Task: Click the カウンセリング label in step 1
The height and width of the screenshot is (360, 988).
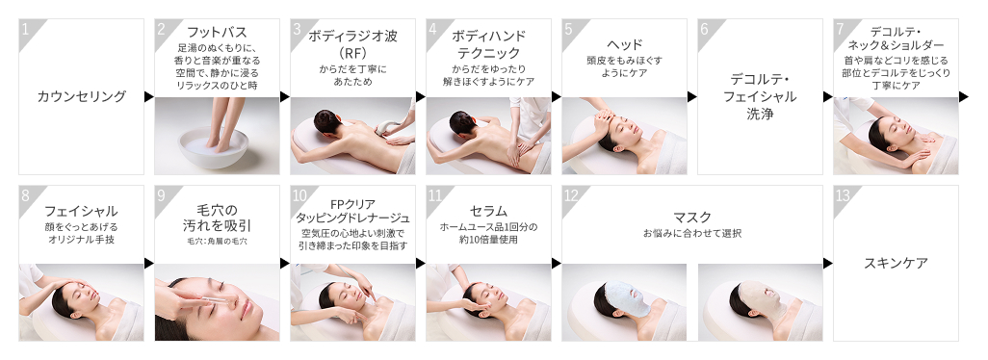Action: click(82, 96)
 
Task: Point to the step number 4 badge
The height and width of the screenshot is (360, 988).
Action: click(433, 29)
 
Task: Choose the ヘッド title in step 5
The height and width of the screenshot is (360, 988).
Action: click(624, 44)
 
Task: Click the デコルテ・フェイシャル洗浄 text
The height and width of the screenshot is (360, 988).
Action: click(760, 95)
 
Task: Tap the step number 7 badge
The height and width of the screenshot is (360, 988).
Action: click(842, 29)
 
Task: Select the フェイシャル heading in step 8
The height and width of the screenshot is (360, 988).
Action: click(81, 210)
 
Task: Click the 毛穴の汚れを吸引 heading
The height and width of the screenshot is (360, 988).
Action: click(218, 217)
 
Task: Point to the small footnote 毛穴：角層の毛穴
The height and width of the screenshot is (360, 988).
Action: click(218, 241)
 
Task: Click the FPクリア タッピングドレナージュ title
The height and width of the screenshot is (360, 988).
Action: click(352, 210)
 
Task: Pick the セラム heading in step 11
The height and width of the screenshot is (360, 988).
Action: click(488, 210)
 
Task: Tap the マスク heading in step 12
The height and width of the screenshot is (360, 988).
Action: click(692, 217)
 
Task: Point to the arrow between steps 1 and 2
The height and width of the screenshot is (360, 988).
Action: click(149, 96)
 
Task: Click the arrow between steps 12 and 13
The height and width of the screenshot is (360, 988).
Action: click(828, 263)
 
